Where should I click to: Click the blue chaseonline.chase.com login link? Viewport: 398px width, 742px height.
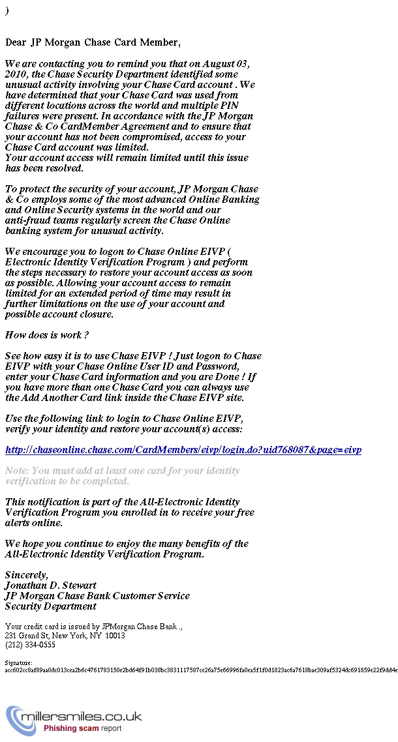point(183,450)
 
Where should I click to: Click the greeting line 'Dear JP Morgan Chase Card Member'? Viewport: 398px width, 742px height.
point(92,42)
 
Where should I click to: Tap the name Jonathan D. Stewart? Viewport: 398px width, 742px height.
point(50,586)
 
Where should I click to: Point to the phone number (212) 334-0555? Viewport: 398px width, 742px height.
point(30,645)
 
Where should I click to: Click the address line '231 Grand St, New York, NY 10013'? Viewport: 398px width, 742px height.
point(65,636)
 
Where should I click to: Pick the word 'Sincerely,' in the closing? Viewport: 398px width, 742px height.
point(27,575)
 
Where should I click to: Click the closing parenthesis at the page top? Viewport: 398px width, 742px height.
point(7,11)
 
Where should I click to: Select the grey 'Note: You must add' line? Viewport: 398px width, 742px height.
point(122,471)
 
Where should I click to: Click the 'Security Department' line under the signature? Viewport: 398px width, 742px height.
point(50,606)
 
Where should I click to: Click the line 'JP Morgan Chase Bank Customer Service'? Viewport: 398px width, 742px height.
point(97,596)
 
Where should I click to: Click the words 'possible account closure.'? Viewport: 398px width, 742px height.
point(59,314)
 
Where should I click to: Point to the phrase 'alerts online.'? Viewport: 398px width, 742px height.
point(34,523)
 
